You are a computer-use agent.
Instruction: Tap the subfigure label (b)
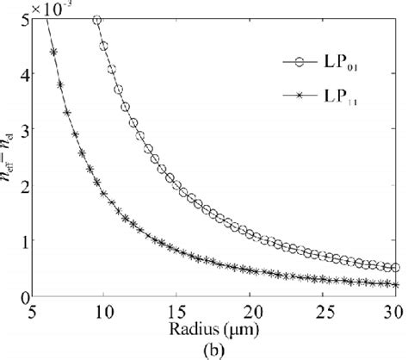213,349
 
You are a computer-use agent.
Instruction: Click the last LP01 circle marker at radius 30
394,268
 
